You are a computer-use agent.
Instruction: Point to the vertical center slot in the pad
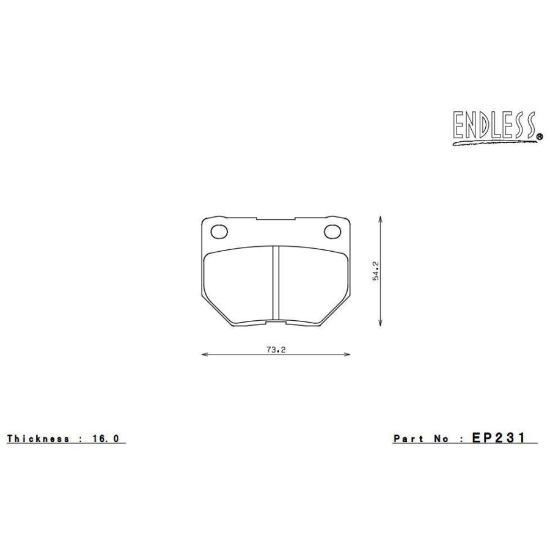point(276,283)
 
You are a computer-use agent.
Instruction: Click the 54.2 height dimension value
point(376,271)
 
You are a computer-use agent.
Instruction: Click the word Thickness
point(38,439)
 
